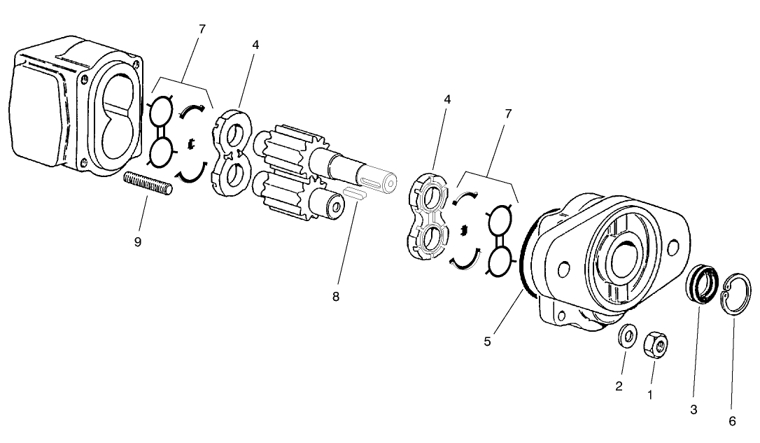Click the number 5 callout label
[x=488, y=342]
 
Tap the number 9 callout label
[x=138, y=241]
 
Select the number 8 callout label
[x=336, y=297]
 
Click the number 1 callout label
[x=650, y=395]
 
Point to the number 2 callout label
[x=619, y=386]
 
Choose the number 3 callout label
[x=694, y=410]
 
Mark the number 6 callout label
[x=732, y=421]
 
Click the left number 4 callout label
[x=256, y=45]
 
